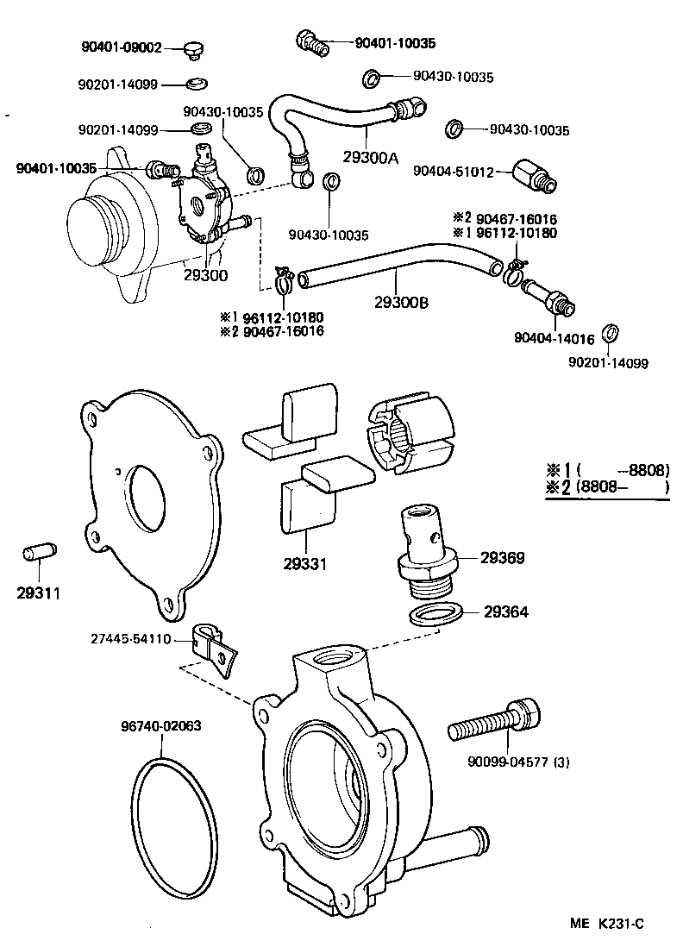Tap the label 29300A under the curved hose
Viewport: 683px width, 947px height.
coord(371,158)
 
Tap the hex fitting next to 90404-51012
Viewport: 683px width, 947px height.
coord(535,174)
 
